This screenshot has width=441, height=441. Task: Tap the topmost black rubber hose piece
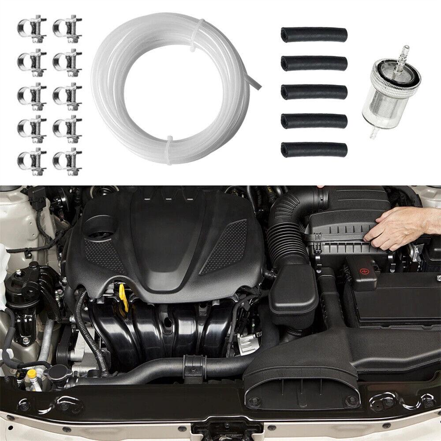click(x=314, y=35)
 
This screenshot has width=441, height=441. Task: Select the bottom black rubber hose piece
click(x=314, y=149)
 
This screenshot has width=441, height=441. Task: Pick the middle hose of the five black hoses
click(x=314, y=92)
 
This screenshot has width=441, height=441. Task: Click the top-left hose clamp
click(x=32, y=27)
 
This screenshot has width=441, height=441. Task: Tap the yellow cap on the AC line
click(x=31, y=374)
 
